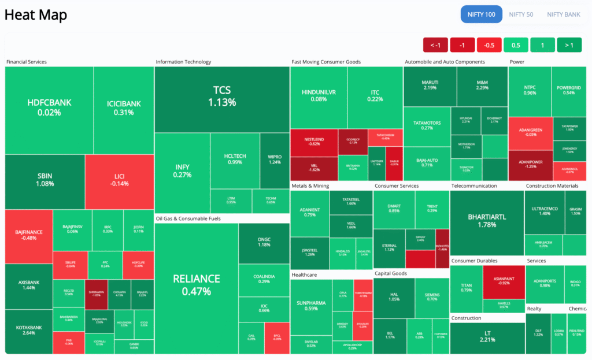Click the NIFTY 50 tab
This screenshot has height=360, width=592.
tap(521, 14)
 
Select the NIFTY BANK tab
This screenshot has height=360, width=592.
tap(564, 14)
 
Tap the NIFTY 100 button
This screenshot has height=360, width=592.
tap(482, 14)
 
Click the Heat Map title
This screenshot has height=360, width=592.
tap(36, 15)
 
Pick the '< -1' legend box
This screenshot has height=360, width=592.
tap(435, 45)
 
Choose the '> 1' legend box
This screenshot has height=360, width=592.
tap(569, 45)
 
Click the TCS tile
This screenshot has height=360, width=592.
tap(222, 95)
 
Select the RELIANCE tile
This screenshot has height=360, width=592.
tap(197, 284)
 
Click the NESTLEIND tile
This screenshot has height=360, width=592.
tap(313, 142)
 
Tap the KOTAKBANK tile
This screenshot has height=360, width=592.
tap(28, 331)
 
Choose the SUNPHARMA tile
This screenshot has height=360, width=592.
tap(310, 305)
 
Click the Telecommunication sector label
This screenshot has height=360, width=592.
tap(473, 186)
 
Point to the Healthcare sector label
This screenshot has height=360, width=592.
tap(304, 275)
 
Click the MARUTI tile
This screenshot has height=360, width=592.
tap(430, 84)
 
